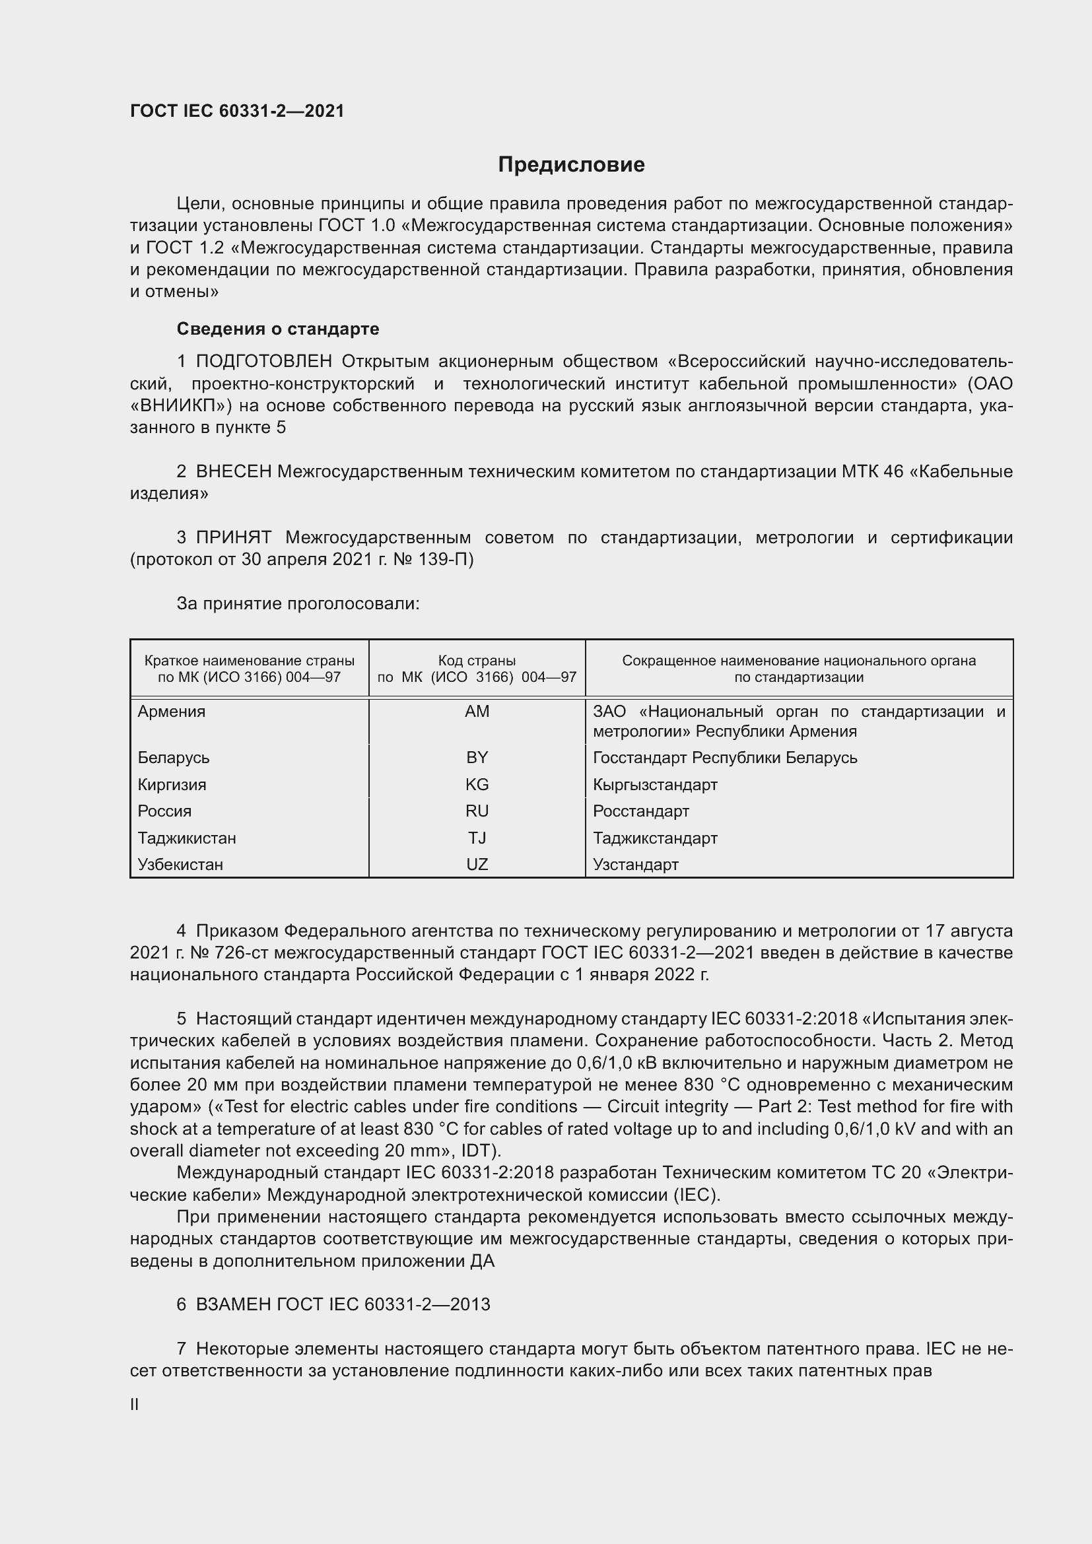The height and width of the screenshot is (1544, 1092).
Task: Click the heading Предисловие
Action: (571, 165)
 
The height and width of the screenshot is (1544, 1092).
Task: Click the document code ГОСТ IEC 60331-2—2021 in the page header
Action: (238, 111)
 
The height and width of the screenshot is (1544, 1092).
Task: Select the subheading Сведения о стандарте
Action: (278, 329)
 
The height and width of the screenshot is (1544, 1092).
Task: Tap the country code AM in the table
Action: (477, 712)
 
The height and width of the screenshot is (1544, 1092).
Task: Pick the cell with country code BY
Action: (477, 758)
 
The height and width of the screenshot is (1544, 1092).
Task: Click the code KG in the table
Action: (477, 785)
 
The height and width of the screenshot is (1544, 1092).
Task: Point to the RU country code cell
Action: (477, 811)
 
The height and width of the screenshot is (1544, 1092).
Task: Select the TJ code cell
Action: (477, 838)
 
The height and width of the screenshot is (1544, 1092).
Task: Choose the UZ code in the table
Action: (477, 865)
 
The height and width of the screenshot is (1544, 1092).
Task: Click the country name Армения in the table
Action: (172, 712)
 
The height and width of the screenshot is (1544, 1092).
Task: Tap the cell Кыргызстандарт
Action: (655, 785)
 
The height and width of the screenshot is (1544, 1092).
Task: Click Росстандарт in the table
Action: (641, 811)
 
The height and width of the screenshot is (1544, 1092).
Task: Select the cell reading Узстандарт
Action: (635, 865)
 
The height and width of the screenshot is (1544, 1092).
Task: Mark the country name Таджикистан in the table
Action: (187, 838)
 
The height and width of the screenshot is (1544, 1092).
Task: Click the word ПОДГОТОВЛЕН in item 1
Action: (264, 362)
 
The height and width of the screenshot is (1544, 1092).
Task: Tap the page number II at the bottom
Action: (135, 1404)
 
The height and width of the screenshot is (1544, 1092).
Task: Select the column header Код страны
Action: (477, 660)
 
